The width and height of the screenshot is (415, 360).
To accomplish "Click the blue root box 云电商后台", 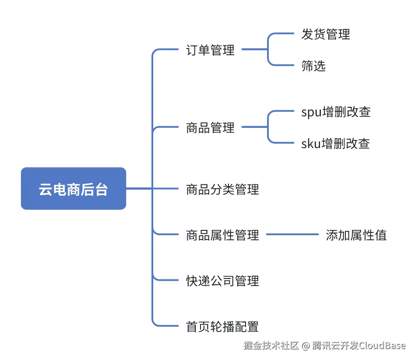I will click(74, 189).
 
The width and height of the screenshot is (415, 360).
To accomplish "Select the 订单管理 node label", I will click(210, 50).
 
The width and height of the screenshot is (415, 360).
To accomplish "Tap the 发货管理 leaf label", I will click(326, 34).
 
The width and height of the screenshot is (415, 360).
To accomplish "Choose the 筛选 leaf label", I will click(313, 66).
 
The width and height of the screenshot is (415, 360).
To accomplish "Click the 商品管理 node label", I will click(210, 128).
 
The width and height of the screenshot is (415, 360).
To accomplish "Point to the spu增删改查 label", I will click(336, 112).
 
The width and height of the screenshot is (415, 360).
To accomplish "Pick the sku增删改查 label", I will click(336, 143).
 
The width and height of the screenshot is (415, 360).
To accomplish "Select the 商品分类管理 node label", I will click(222, 189).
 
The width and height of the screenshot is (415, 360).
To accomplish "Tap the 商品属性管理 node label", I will click(222, 235).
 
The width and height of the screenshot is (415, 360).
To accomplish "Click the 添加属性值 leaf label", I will click(356, 235).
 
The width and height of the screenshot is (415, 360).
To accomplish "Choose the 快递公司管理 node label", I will click(222, 281).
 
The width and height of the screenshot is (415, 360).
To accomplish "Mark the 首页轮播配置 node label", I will click(222, 326).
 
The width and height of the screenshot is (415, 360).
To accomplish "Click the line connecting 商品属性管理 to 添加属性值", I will click(292, 235).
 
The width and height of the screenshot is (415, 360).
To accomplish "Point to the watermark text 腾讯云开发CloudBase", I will click(359, 346).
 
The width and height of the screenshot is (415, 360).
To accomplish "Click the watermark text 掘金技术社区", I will click(271, 346).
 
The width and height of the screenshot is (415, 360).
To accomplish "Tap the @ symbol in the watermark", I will click(306, 346).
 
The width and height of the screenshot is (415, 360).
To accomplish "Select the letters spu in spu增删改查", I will click(311, 113).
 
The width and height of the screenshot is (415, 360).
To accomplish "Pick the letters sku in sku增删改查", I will click(311, 143).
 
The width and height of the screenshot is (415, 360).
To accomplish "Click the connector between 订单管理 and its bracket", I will click(254, 49).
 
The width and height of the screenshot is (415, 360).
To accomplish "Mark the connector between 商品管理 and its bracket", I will click(254, 127).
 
